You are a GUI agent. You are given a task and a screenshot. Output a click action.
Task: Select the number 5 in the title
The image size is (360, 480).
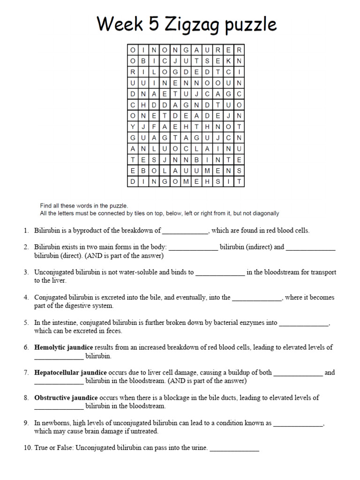[x=152, y=24]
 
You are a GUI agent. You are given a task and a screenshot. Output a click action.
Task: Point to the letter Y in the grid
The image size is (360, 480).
[x=133, y=127]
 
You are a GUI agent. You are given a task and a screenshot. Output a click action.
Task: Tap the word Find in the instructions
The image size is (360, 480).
[x=46, y=206]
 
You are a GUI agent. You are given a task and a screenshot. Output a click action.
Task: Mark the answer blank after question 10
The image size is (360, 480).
[x=234, y=448]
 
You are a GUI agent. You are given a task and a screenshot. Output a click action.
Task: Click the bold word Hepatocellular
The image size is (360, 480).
[x=57, y=373]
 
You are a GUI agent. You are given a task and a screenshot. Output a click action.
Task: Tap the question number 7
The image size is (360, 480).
[x=26, y=373]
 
